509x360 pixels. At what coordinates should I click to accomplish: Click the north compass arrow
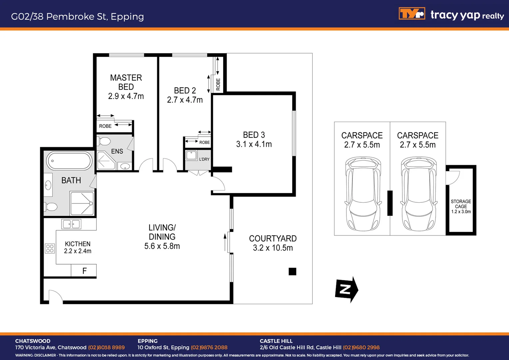[346, 289]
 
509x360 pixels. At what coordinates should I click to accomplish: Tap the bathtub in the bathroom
[69, 161]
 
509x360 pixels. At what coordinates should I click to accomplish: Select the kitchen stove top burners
[50, 248]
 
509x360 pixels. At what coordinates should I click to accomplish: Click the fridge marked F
[84, 271]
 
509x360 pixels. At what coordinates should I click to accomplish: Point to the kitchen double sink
[71, 224]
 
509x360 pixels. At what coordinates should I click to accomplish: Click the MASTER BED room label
[126, 82]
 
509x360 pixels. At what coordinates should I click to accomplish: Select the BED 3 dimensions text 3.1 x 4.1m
[254, 144]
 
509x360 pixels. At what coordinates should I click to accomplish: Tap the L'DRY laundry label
[204, 159]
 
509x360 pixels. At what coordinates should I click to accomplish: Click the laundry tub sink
[192, 155]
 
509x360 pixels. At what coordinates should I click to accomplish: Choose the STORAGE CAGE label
[461, 204]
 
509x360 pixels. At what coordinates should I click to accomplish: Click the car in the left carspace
[363, 194]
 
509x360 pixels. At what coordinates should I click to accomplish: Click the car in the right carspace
[419, 194]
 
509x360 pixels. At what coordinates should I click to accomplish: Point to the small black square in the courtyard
[292, 272]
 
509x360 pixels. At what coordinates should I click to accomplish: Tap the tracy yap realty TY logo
[412, 14]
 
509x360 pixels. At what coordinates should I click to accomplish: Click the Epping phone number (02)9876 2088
[209, 347]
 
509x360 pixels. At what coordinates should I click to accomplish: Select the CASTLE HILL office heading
[276, 341]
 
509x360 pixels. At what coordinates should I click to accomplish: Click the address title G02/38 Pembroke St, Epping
[77, 16]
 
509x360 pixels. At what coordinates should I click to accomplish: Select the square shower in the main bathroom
[82, 203]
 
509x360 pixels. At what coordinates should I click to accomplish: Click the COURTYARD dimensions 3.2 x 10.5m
[273, 248]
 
